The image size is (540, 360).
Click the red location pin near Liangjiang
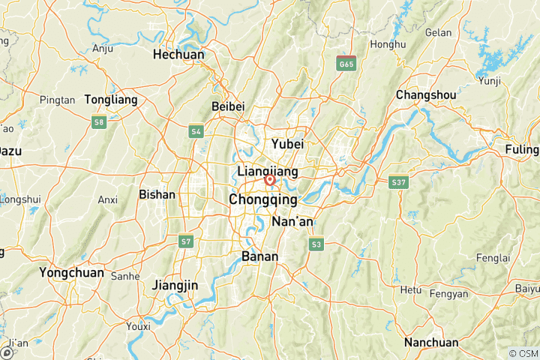[x=269, y=180]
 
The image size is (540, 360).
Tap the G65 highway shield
[x=346, y=63]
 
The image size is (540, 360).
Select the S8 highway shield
[x=98, y=122]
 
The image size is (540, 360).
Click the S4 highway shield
[x=196, y=131]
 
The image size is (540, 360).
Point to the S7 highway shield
[x=186, y=241]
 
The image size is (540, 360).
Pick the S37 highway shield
[x=398, y=181]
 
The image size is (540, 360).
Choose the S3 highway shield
[x=316, y=244]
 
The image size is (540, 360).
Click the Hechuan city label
[x=178, y=55]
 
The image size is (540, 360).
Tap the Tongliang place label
[x=111, y=99]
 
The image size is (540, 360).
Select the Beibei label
[x=228, y=106]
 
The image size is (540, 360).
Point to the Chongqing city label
[x=262, y=200]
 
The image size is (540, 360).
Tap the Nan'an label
[x=294, y=222]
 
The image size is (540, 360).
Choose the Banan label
[x=260, y=256]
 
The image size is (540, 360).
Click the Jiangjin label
[x=174, y=285]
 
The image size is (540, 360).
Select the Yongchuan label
[x=72, y=272]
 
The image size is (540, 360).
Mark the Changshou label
[x=425, y=95]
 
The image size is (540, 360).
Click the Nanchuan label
[x=431, y=343]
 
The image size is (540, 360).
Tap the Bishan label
[x=157, y=194]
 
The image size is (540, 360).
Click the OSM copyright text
[x=523, y=353]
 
